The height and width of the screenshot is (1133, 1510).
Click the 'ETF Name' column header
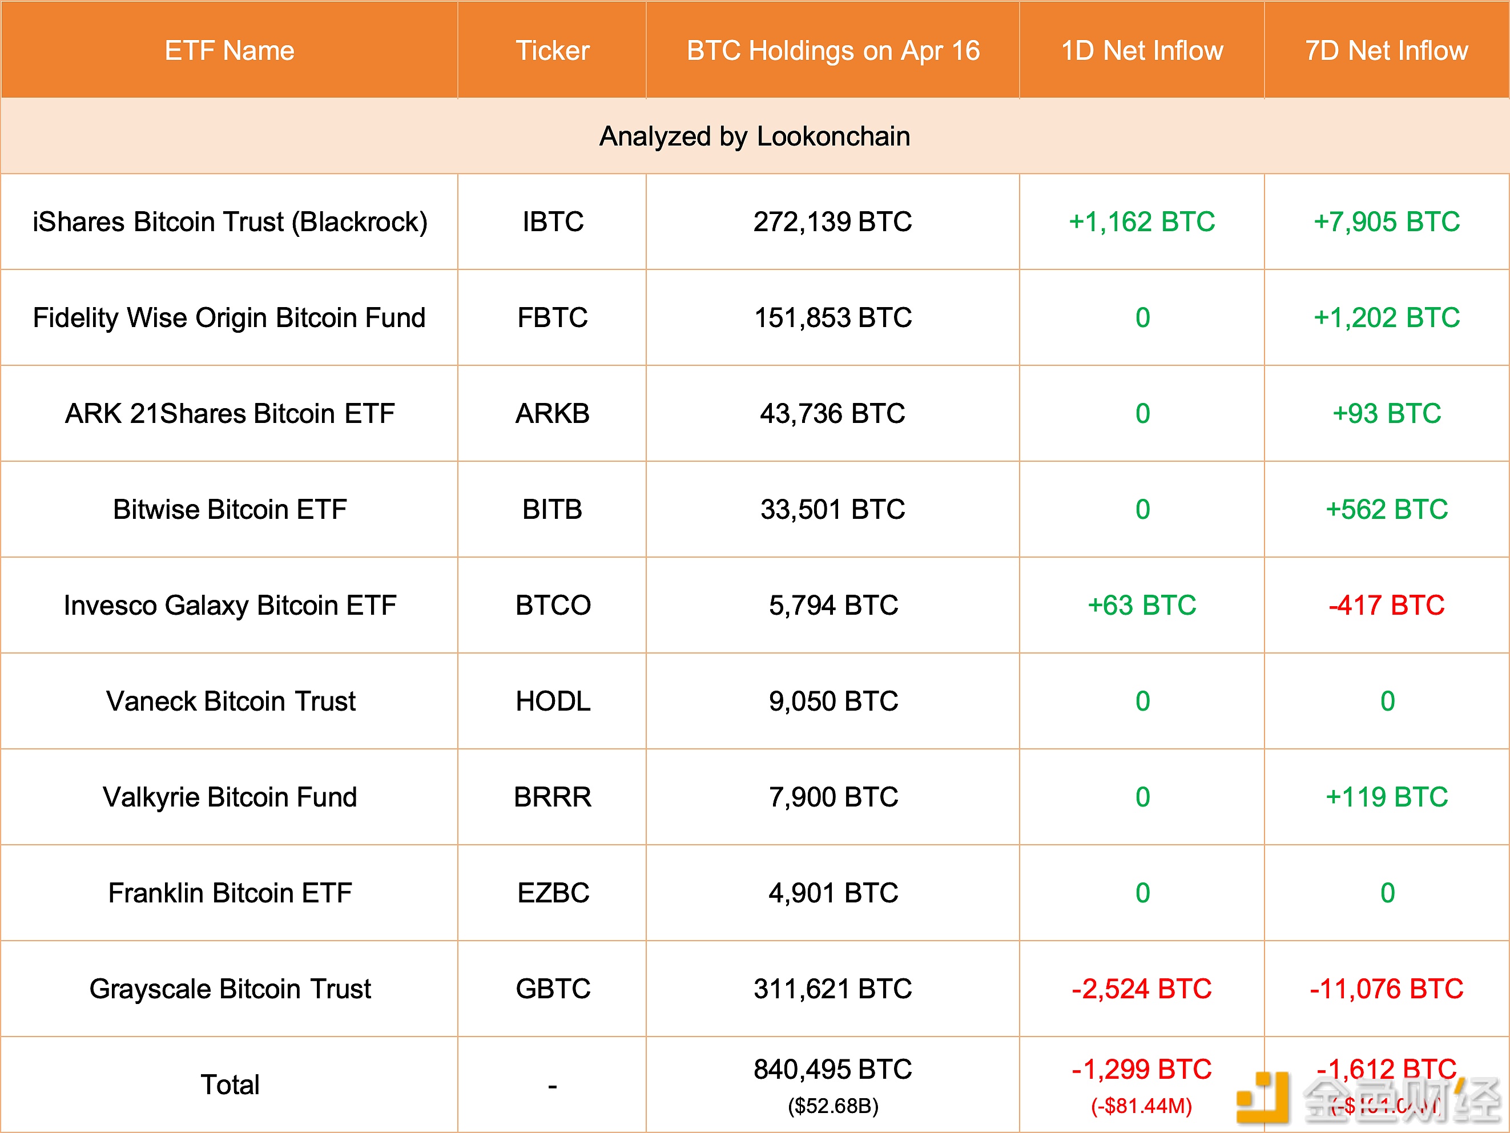tap(229, 50)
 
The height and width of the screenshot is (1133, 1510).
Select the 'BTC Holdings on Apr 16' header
tap(833, 50)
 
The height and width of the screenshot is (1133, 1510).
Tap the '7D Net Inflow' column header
tap(1387, 50)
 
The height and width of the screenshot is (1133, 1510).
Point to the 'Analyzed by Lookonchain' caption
tap(754, 136)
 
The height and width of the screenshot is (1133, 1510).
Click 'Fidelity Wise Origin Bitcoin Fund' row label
tap(229, 317)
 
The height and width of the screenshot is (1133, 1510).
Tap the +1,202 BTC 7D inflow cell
tap(1387, 317)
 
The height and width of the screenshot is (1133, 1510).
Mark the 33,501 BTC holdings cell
tap(833, 509)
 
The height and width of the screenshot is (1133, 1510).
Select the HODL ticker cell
tap(552, 701)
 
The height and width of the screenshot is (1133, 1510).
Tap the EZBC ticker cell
tap(552, 893)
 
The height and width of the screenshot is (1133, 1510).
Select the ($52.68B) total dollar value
tap(833, 1106)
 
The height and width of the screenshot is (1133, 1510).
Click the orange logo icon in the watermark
tap(1263, 1097)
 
